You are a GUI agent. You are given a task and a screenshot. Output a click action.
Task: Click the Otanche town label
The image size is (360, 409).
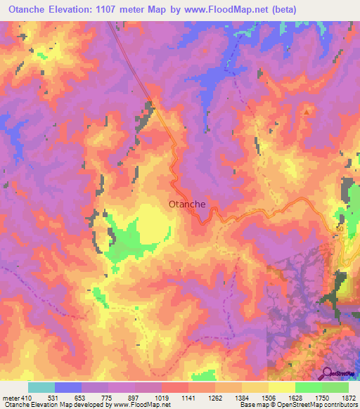click(x=188, y=204)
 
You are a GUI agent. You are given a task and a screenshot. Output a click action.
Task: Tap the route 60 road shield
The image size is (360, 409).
click(x=340, y=229)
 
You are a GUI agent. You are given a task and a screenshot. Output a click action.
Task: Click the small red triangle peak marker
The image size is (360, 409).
click(x=306, y=111)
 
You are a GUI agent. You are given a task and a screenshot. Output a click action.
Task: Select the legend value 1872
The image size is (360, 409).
click(x=347, y=397)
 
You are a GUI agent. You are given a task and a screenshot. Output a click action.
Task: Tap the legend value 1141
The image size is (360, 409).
click(x=187, y=397)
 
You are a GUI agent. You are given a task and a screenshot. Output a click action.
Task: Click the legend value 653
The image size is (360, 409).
click(x=81, y=397)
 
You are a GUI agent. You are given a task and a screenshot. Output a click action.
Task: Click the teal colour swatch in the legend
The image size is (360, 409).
click(x=41, y=387)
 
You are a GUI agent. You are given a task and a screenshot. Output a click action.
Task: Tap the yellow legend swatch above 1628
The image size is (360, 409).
click(x=282, y=387)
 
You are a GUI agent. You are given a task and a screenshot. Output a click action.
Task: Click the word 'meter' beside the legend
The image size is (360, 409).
click(x=11, y=397)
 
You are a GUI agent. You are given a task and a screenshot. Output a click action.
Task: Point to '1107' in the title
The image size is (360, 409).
click(x=122, y=10)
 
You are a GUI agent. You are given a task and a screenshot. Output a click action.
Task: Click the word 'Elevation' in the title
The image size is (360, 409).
click(x=77, y=10)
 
